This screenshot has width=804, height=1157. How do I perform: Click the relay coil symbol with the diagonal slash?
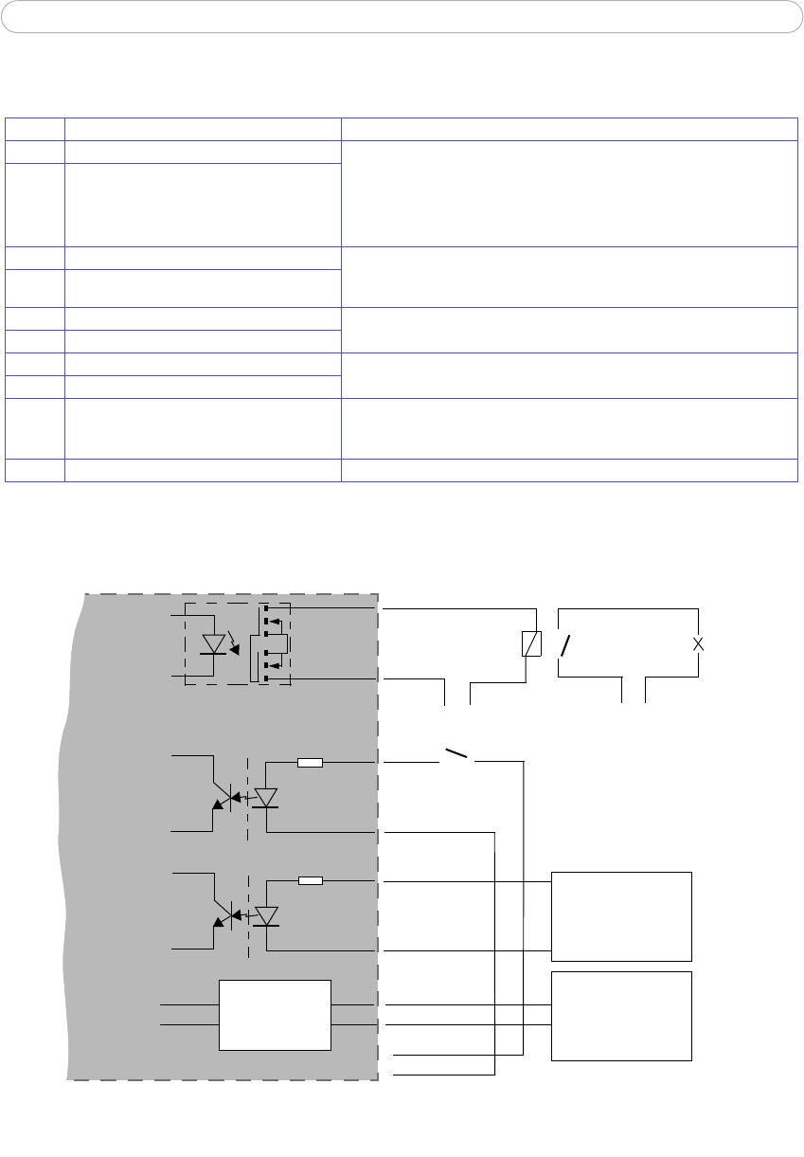(x=532, y=644)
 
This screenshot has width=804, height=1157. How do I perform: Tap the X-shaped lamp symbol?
(x=699, y=643)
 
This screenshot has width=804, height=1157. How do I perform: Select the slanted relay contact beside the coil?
(x=565, y=645)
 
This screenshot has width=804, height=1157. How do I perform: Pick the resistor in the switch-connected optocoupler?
(x=310, y=762)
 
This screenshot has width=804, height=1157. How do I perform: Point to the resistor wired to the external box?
(x=310, y=881)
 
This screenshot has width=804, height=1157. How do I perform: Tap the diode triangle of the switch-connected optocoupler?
(x=266, y=797)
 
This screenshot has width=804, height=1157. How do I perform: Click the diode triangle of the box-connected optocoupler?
(x=266, y=915)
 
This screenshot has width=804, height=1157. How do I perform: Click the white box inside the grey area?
(x=275, y=1015)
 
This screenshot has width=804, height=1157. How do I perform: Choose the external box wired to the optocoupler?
(x=621, y=916)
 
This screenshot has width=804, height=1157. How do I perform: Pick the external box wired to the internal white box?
(x=621, y=1015)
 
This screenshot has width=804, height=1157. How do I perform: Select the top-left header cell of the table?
(x=35, y=130)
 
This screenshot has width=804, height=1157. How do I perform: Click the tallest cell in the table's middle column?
(x=203, y=204)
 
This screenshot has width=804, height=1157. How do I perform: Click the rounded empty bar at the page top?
(x=402, y=17)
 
